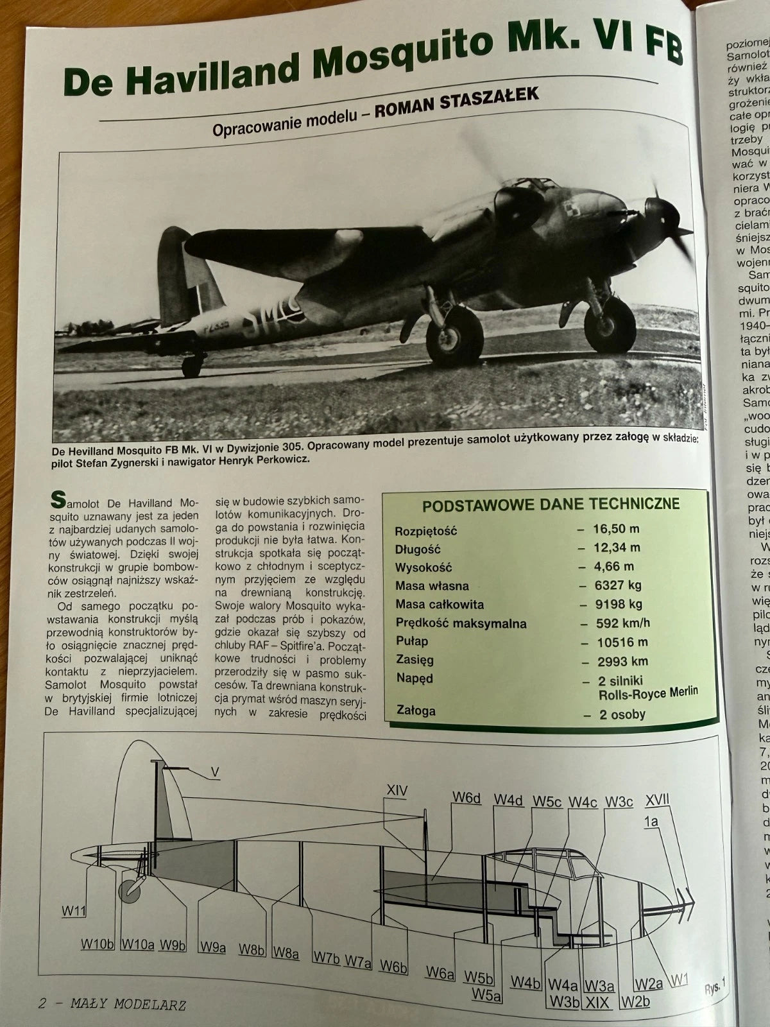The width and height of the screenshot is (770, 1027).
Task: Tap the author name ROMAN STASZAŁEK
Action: click(457, 98)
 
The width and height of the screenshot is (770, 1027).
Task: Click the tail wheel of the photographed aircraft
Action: click(191, 367)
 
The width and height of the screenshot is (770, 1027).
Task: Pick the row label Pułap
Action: click(411, 641)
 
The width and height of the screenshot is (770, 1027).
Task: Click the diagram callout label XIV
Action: click(397, 791)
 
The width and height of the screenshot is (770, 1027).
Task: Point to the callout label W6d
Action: click(466, 798)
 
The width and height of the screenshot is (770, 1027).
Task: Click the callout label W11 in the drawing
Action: click(74, 910)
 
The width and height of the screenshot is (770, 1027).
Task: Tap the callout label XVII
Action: click(657, 799)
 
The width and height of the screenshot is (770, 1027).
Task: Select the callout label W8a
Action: click(286, 953)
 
